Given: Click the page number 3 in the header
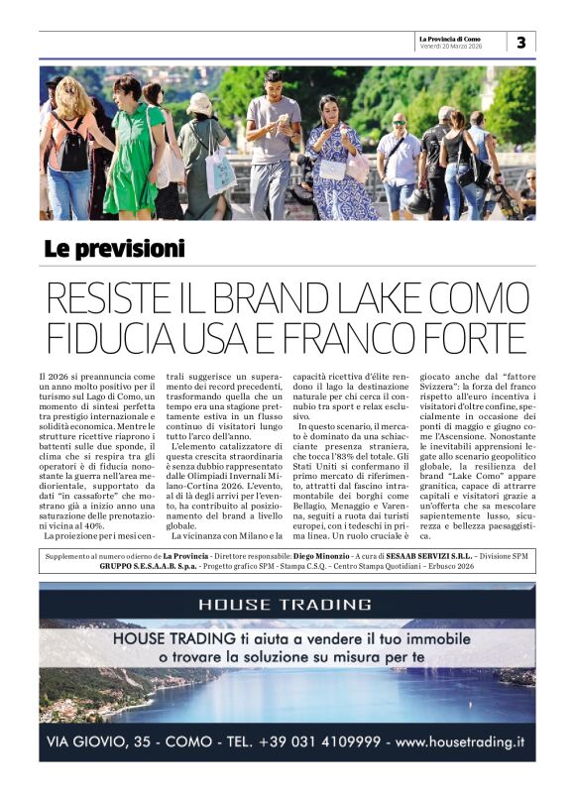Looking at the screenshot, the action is coord(521,42).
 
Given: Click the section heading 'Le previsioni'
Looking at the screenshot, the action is coord(114,249).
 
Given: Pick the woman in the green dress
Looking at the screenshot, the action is coord(134,149).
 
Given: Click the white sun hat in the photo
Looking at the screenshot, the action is coord(199,103).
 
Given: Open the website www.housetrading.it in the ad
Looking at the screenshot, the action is coord(460,741).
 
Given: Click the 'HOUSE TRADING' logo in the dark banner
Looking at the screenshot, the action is coord(285,604).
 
